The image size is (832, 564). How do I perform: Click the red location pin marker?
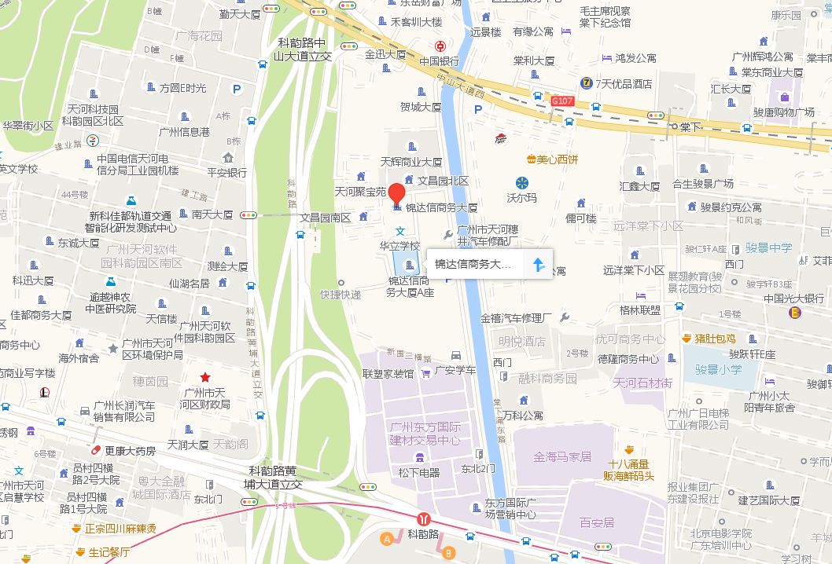click(397, 192)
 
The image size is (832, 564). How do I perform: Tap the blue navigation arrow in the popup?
click(539, 265)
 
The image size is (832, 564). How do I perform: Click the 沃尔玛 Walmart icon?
click(522, 183)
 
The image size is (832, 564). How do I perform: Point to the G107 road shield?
click(562, 101)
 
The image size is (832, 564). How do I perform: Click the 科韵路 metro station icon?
click(425, 519)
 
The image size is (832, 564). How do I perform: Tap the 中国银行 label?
click(439, 61)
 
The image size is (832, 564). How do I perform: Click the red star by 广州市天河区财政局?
click(205, 377)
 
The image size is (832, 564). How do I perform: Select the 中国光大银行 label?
click(793, 298)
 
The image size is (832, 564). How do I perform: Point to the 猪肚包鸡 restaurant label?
click(715, 339)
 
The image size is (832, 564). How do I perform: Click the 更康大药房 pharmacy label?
click(130, 451)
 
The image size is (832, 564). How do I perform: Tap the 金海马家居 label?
click(562, 456)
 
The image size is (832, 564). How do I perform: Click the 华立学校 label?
click(399, 245)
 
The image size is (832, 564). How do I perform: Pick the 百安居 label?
click(596, 522)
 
